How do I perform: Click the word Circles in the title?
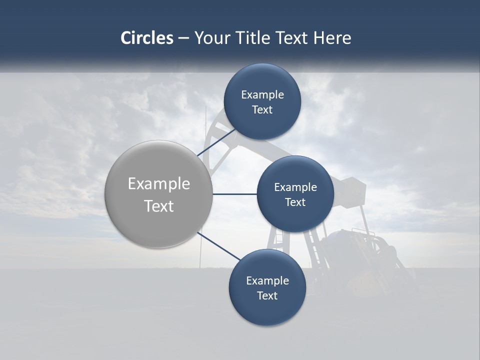point(146,38)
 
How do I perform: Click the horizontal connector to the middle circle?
point(234,194)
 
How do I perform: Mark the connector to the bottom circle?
point(218,246)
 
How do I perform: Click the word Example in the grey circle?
point(159,184)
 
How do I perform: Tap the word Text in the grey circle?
point(159,206)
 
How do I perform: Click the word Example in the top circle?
point(262,95)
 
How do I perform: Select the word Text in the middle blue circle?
point(295,202)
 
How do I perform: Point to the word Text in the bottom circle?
point(267,296)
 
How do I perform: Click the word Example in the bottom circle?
point(267,281)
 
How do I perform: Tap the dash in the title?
point(183,38)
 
